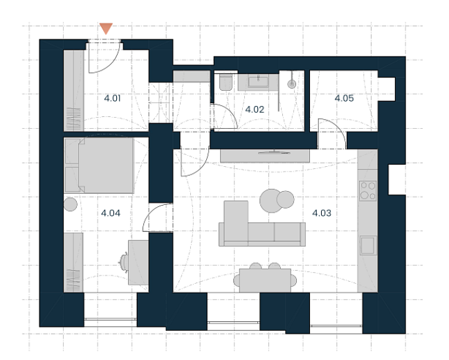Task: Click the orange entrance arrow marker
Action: (106, 28)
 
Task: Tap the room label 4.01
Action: (112, 98)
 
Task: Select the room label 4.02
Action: (255, 109)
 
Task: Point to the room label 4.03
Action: (322, 213)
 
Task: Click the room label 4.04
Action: (111, 213)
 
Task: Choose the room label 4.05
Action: (345, 98)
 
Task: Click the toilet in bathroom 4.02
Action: (226, 82)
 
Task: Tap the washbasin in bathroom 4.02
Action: (258, 82)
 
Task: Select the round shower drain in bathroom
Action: (291, 84)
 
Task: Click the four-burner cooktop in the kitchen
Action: (367, 190)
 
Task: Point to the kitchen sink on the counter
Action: (368, 245)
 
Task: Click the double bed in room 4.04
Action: (99, 165)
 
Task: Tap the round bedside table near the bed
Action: (70, 204)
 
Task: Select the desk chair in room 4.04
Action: (124, 262)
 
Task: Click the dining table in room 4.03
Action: (265, 280)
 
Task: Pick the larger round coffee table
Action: (271, 201)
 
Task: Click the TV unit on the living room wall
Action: (265, 156)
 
